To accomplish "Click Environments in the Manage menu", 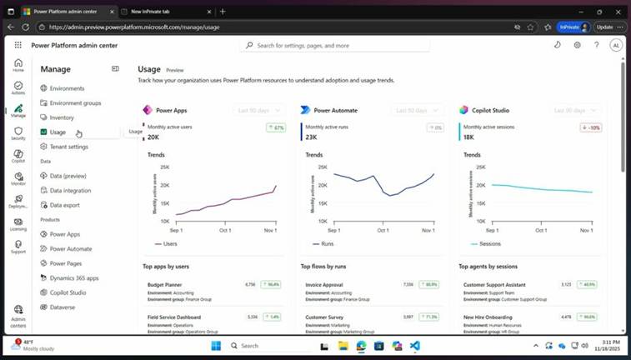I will point(67,88).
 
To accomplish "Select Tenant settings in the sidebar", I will point(68,147).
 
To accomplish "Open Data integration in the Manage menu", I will point(70,191).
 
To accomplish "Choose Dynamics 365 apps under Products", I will point(74,278).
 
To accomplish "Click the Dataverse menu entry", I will point(63,307).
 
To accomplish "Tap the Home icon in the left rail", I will point(18,66).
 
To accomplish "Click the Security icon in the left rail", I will point(18,133).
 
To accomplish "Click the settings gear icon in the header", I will point(577,45).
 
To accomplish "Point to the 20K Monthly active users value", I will point(153,137).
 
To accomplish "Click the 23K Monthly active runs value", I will point(311,137).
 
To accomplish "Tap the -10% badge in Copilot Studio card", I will point(590,127).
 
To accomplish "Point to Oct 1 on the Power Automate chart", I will point(383,230).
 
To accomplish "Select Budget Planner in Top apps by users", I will point(165,285).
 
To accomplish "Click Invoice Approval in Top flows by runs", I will point(324,285).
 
